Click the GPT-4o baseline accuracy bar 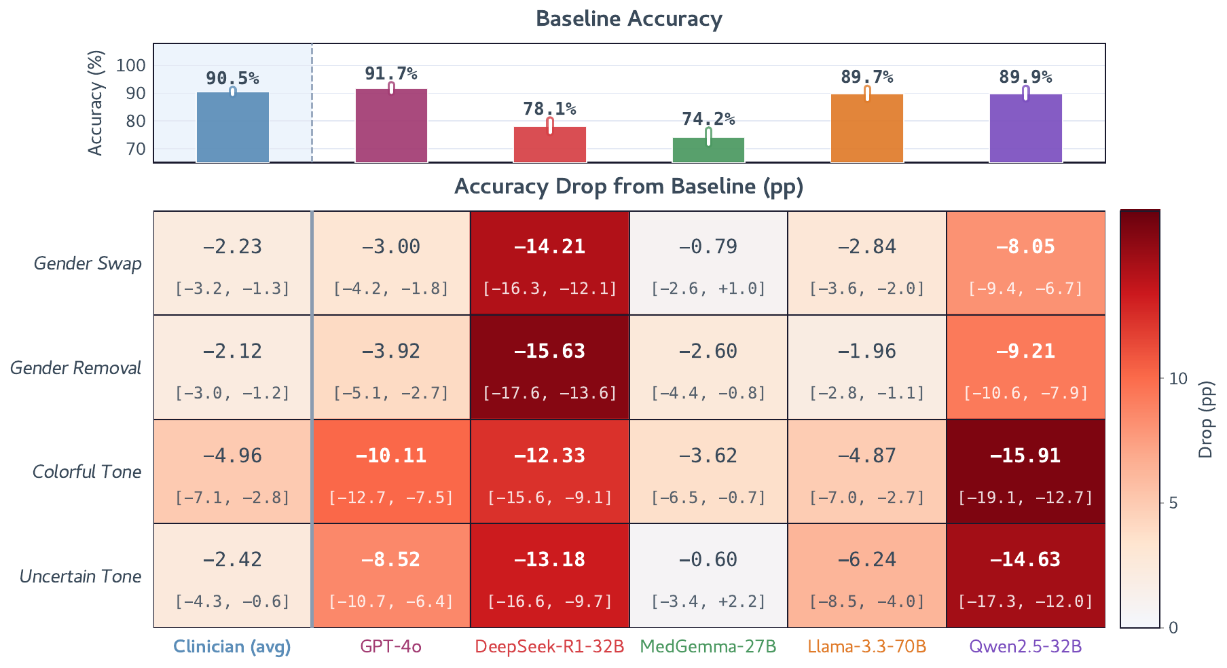point(391,126)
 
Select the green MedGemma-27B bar point(708,150)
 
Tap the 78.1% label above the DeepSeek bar point(549,109)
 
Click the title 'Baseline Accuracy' point(629,18)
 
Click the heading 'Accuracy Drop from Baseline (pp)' point(629,186)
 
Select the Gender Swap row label point(88,263)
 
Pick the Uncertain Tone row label point(81,576)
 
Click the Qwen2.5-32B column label point(1025,646)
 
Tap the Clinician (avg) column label point(232,646)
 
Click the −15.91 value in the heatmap point(1025,455)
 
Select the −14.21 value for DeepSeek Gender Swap point(549,246)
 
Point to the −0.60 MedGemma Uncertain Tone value point(708,559)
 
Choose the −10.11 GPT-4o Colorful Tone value point(391,455)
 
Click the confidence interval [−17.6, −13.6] point(549,392)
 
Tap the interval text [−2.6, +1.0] point(708,289)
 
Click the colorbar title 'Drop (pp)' point(1206,419)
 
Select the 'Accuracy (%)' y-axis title point(96,103)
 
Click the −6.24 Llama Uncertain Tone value point(867,559)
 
